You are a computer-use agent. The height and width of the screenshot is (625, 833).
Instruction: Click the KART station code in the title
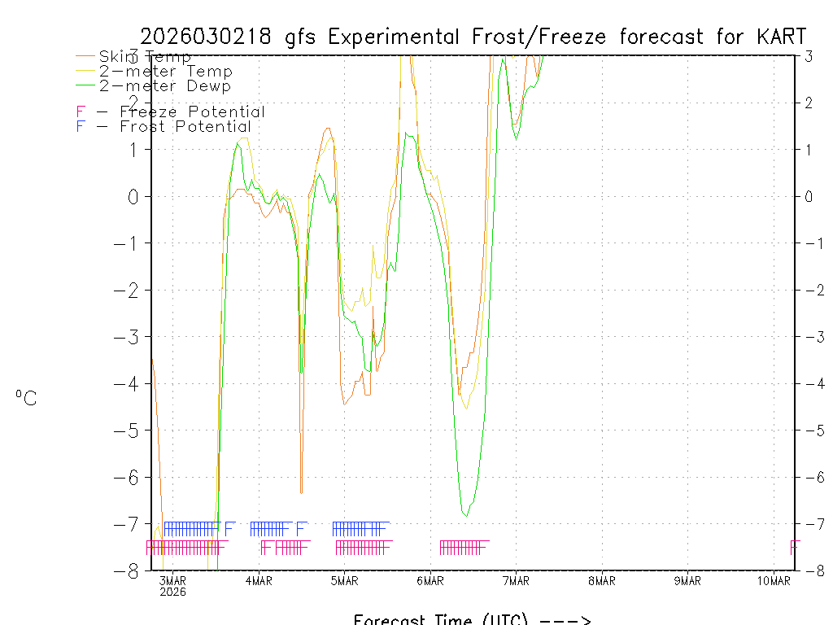pos(782,37)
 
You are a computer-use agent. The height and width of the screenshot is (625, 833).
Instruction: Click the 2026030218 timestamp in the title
pos(211,37)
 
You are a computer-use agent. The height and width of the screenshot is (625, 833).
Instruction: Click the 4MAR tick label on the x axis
pos(259,580)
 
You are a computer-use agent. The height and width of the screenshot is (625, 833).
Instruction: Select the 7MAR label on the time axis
pos(516,580)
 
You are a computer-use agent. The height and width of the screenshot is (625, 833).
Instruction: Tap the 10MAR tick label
pos(774,580)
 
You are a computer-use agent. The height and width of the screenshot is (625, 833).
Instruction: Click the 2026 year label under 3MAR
pos(172,592)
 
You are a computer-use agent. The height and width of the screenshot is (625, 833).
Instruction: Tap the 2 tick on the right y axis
pos(809,103)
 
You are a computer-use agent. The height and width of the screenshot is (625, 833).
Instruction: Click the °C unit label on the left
pos(26,398)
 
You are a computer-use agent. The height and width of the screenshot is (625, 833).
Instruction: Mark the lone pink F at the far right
pos(795,546)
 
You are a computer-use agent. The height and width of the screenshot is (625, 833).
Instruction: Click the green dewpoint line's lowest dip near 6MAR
pos(464,515)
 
